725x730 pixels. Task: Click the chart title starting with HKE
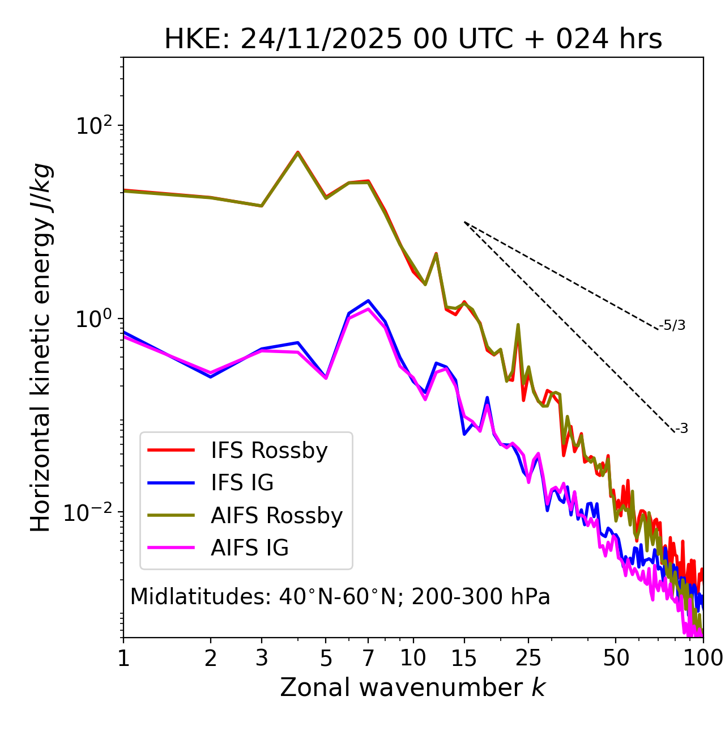click(413, 40)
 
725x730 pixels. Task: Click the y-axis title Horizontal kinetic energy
click(41, 347)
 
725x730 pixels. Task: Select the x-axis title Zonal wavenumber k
click(413, 687)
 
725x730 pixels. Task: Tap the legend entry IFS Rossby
click(269, 451)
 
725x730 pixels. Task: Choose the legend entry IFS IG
click(242, 483)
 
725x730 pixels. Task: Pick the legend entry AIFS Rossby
click(276, 515)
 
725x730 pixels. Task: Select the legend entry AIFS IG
click(250, 547)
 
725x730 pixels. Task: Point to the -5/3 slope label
click(672, 325)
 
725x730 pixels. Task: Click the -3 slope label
click(681, 428)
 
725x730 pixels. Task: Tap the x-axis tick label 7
click(368, 658)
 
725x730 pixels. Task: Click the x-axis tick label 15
click(464, 658)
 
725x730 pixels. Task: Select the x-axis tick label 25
click(528, 658)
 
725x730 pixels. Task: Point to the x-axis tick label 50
click(616, 658)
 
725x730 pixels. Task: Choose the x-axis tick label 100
click(703, 658)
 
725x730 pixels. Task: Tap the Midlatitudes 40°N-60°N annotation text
click(340, 597)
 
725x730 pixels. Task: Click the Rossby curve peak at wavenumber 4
click(298, 152)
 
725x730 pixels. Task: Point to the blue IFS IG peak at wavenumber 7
click(368, 300)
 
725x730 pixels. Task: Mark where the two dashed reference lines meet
click(464, 222)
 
